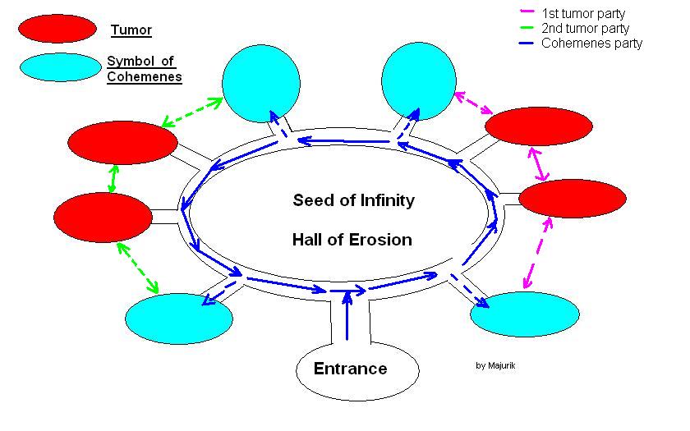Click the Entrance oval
coord(357,371)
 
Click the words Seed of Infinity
coord(354,200)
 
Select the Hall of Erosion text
coord(352,240)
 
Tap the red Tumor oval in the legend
coord(57,29)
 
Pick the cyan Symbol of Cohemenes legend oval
coord(60,67)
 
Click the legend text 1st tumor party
coord(583,14)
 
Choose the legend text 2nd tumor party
coord(585,28)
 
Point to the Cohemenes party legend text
coord(592,43)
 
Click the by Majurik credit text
coord(495,365)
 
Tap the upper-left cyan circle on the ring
coord(261,84)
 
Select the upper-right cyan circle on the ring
coord(419,81)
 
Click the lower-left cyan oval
coord(179,319)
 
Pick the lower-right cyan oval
coord(525,314)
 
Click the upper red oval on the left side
coord(122,143)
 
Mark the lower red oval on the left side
coord(103,218)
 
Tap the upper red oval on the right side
coord(539,126)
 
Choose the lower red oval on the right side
coord(573,199)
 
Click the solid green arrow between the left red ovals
coord(113,179)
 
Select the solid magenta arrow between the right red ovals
coord(538,164)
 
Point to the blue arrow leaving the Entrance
coord(347,315)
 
